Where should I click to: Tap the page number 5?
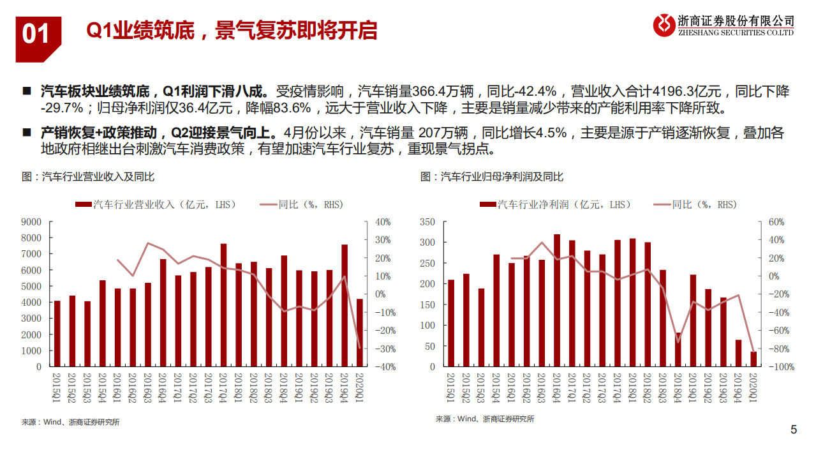tap(794, 430)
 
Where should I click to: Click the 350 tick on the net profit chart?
tap(427, 222)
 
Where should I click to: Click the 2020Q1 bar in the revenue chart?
tap(360, 333)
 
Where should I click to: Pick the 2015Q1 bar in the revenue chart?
tap(57, 333)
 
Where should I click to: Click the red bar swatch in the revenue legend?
tap(83, 205)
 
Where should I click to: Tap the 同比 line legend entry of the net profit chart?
tap(695, 205)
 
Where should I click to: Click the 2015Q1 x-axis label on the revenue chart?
tap(57, 386)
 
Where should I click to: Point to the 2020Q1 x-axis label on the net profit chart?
tap(753, 386)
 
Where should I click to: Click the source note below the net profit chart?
tap(485, 419)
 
